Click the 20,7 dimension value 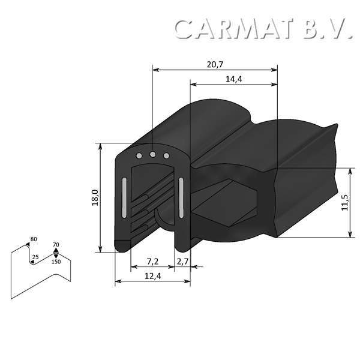215,64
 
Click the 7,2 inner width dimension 152,262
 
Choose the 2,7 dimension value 182,262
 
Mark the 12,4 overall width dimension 152,276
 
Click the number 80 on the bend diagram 34,239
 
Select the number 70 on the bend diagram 56,244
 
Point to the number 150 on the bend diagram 56,262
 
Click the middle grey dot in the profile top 153,155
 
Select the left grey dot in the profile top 139,155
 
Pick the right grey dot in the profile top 167,155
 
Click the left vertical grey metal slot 124,197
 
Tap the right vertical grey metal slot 180,197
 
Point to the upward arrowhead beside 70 56,250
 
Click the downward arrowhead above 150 56,256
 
